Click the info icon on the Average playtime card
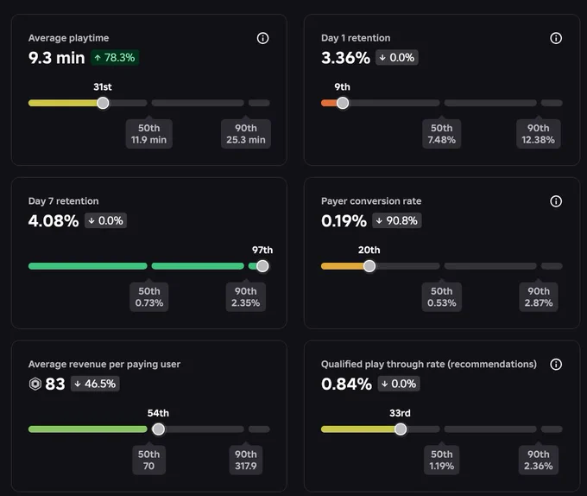tap(262, 38)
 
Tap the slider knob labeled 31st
tap(103, 103)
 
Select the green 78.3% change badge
tap(115, 58)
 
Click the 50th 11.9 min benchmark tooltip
tap(149, 134)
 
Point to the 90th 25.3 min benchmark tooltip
tap(246, 134)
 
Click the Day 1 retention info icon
tap(556, 38)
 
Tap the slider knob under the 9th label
tap(343, 103)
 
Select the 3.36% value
tap(345, 58)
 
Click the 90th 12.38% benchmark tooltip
tap(539, 134)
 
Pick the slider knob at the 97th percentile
tap(262, 266)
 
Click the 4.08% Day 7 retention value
tap(54, 220)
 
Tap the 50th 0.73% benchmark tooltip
tap(149, 297)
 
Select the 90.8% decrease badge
tap(397, 220)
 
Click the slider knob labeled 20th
tap(369, 266)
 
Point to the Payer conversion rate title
tap(371, 201)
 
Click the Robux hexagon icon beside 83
tap(35, 384)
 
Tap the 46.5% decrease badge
tap(95, 384)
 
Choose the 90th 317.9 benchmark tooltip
tap(246, 460)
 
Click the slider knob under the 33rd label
tap(401, 429)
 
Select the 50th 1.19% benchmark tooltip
tap(442, 460)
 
